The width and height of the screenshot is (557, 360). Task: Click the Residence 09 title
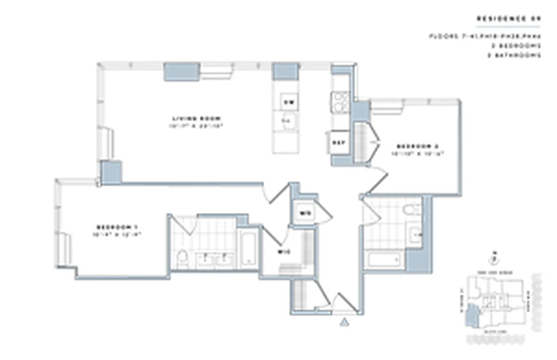coord(508,19)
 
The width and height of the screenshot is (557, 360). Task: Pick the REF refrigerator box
coord(338,143)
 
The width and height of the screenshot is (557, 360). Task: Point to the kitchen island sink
coord(287,121)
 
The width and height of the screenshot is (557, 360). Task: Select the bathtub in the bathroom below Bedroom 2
coord(384,260)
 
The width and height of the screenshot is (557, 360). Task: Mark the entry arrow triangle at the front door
coord(344,321)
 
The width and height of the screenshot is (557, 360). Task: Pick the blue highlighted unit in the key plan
coord(471,315)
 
